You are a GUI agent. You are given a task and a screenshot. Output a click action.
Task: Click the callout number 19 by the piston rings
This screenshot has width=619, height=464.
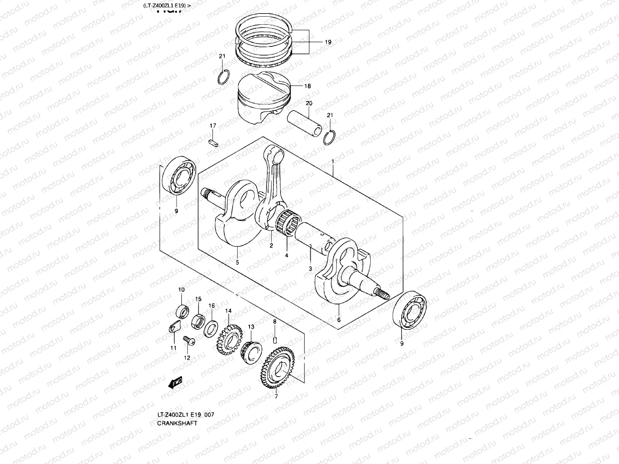(328, 43)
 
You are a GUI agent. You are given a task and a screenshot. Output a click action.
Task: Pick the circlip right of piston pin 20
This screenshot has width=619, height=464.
(330, 137)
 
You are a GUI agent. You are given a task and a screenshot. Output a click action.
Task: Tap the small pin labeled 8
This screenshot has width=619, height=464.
(274, 340)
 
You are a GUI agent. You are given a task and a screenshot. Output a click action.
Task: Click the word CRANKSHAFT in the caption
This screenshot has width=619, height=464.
(177, 423)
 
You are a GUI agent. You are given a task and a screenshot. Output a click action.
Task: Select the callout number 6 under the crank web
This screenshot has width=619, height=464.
(339, 320)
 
